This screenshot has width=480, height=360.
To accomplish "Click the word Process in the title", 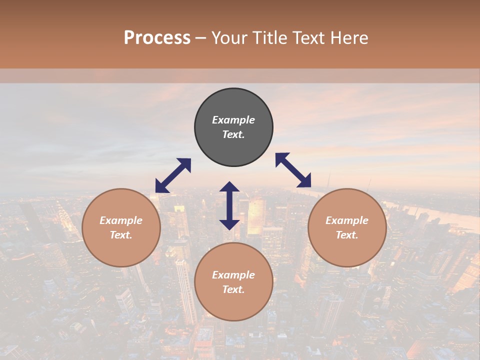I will (x=157, y=38).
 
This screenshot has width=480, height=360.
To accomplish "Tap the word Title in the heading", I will (x=272, y=38).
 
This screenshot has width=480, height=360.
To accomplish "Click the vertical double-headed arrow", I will (x=229, y=205).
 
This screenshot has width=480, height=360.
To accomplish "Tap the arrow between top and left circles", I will (x=173, y=175).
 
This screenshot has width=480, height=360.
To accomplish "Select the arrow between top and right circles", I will (x=293, y=170).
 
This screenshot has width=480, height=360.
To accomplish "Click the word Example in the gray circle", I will (x=233, y=120).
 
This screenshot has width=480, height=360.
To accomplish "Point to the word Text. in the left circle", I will (x=121, y=235).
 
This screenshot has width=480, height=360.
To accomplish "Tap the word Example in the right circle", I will (x=347, y=220).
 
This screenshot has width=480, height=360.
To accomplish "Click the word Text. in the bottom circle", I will (x=233, y=289).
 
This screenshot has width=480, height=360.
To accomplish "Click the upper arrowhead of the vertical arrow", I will (x=229, y=186).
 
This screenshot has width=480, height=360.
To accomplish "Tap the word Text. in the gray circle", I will (x=233, y=134).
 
